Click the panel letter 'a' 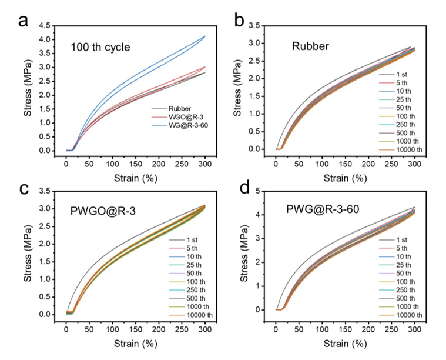pyautogui.click(x=24, y=21)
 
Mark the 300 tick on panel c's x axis pyautogui.click(x=204, y=325)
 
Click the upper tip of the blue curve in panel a pyautogui.click(x=204, y=36)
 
